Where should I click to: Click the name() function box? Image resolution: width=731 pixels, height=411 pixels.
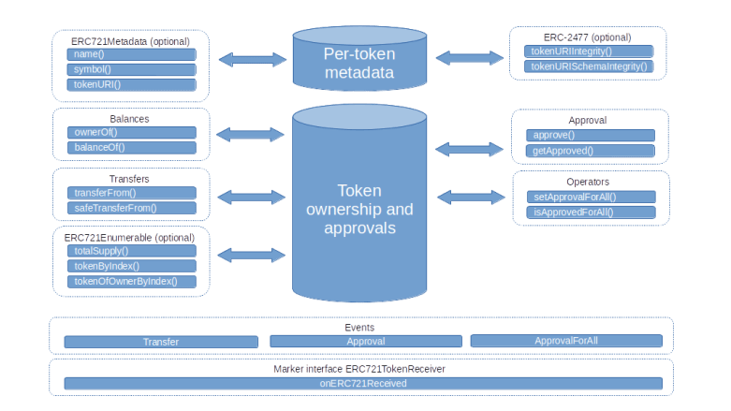tap(130, 54)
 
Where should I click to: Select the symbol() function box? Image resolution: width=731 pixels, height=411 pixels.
tap(130, 69)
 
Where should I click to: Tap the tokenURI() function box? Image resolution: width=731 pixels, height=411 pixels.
tap(130, 84)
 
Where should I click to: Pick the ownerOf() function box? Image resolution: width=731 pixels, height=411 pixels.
tap(130, 132)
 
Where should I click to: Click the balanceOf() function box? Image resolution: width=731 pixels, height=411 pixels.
tap(130, 147)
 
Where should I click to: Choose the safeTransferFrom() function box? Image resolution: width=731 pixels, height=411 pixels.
tap(130, 208)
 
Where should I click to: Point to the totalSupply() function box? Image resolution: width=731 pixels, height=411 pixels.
tap(130, 251)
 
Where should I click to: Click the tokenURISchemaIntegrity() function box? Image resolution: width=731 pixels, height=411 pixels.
tap(589, 66)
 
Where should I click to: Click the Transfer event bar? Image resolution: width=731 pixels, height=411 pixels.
tap(160, 342)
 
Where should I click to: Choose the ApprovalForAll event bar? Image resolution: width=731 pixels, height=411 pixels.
tap(565, 342)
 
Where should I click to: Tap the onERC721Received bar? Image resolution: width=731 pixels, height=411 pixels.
tap(362, 384)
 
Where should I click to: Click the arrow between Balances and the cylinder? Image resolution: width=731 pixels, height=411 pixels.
tap(251, 135)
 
